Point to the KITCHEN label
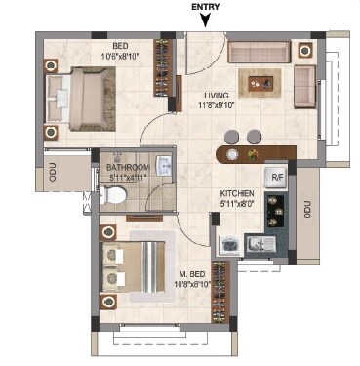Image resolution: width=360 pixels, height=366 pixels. point(237,194)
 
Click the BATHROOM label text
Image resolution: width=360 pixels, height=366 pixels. point(127,168)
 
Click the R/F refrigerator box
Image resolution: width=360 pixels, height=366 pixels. point(277,178)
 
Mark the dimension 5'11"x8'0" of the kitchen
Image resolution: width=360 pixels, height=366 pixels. point(237,204)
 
